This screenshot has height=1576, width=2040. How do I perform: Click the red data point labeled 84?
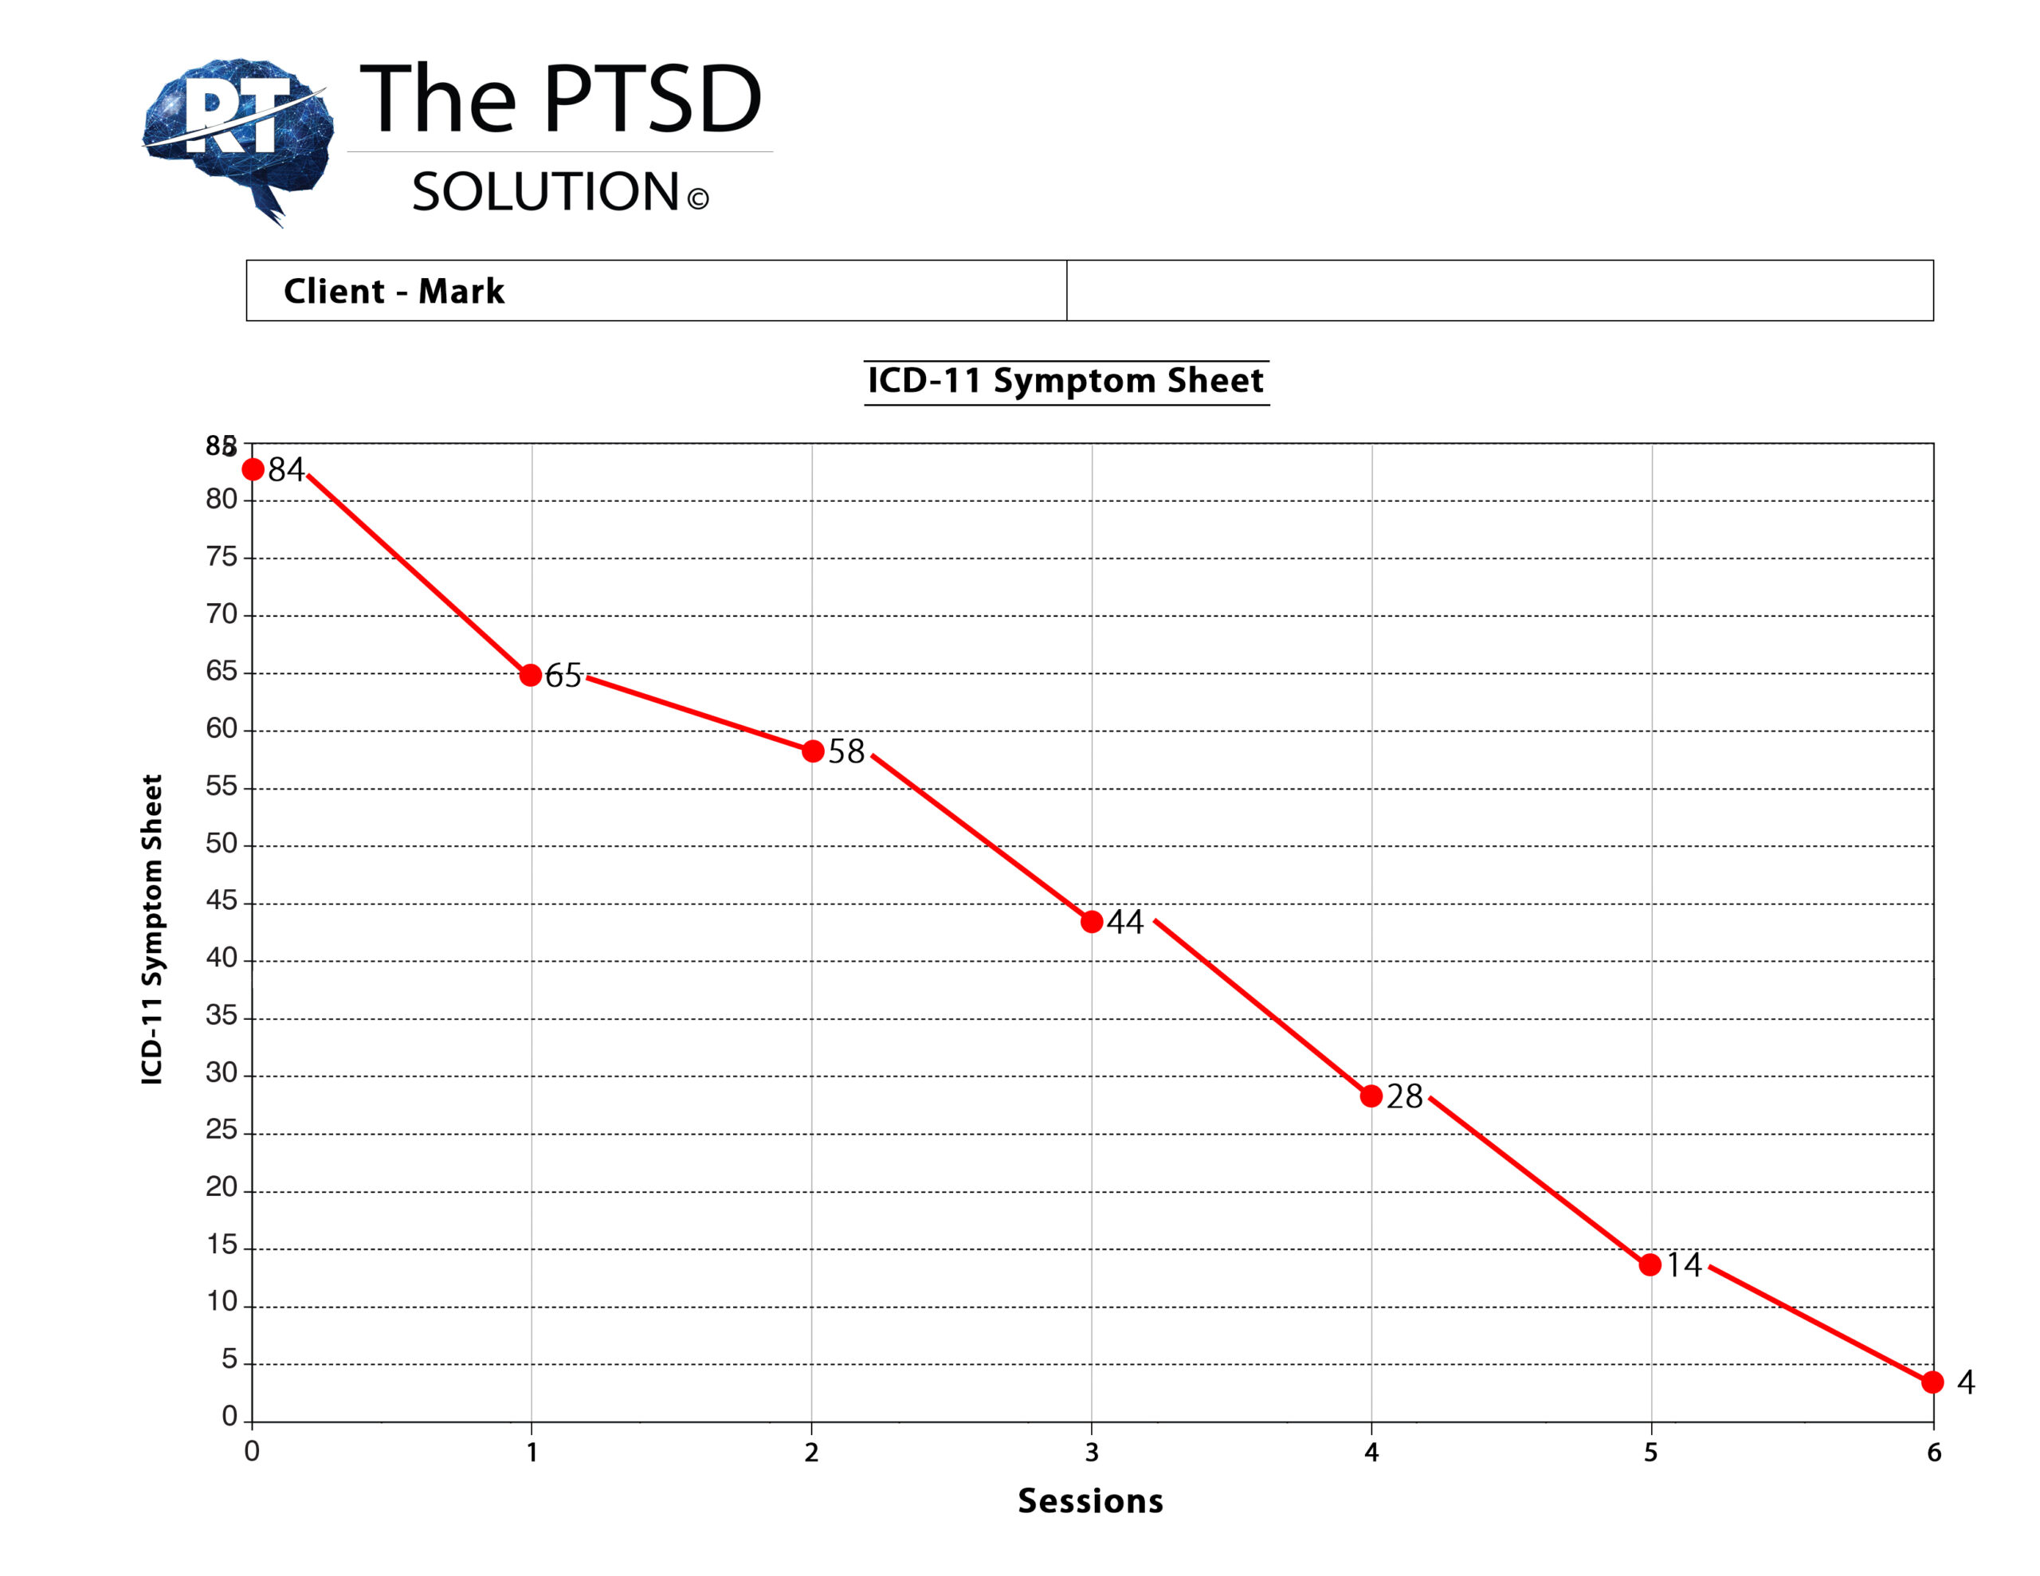point(253,469)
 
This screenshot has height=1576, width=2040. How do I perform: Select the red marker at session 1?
point(531,675)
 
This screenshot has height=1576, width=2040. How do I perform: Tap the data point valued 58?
point(813,751)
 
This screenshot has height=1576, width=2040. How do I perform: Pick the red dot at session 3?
point(1091,922)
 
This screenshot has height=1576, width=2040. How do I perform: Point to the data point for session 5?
point(1650,1265)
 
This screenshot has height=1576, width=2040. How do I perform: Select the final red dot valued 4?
point(1932,1382)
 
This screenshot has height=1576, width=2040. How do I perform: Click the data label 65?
point(563,676)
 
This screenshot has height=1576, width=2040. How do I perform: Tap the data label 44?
point(1125,923)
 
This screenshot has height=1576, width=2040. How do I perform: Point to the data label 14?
point(1684,1265)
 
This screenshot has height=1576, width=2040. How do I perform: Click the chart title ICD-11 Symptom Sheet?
point(1065,381)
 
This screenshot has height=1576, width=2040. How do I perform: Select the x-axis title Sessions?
point(1090,1501)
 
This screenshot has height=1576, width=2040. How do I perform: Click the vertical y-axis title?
point(152,930)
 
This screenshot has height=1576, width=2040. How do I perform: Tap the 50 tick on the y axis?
point(222,844)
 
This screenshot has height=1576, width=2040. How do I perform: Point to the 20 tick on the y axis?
point(222,1187)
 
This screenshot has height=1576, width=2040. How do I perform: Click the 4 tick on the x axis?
point(1371,1453)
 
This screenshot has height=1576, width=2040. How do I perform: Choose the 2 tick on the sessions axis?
point(812,1453)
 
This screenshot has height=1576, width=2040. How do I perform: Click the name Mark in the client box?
point(461,292)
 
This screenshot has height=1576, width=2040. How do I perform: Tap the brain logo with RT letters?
point(239,135)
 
